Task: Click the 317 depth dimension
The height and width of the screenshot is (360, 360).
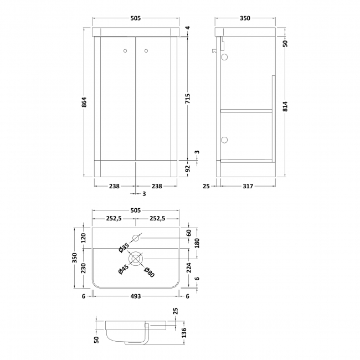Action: click(247, 186)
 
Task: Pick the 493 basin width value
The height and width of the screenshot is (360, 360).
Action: click(136, 296)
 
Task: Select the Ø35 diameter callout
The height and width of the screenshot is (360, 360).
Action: click(125, 249)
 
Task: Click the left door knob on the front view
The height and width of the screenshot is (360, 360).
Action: click(125, 52)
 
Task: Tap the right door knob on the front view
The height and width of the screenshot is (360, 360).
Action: click(146, 52)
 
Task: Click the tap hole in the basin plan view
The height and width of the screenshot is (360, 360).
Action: click(136, 238)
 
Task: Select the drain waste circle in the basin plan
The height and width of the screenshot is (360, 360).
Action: click(136, 259)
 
